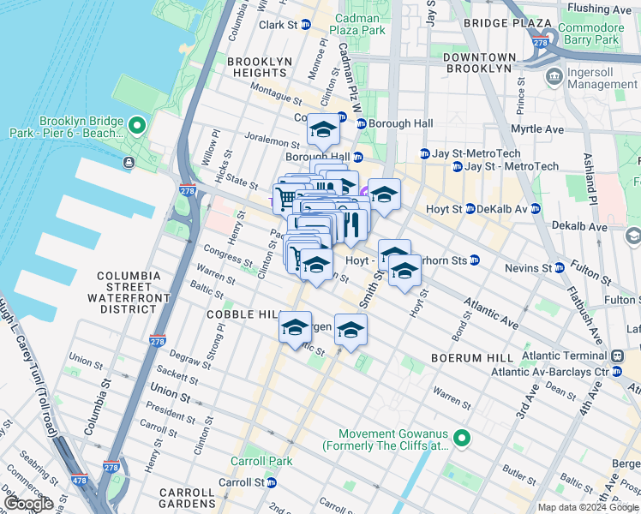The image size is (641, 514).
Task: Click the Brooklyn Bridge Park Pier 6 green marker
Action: [136, 128]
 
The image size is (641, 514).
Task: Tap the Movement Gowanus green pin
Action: [462, 439]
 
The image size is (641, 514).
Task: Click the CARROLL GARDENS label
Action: [187, 499]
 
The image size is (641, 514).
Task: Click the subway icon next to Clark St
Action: [305, 26]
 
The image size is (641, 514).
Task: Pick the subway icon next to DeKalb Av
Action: [535, 209]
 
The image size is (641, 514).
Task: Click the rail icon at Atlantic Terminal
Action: [616, 356]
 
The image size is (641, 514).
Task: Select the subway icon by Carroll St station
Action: [273, 482]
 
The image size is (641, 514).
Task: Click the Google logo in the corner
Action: [28, 503]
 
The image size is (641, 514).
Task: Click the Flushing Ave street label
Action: [600, 9]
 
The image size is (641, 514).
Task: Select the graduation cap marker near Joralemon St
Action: [322, 129]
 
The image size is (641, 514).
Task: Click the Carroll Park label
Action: [261, 461]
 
